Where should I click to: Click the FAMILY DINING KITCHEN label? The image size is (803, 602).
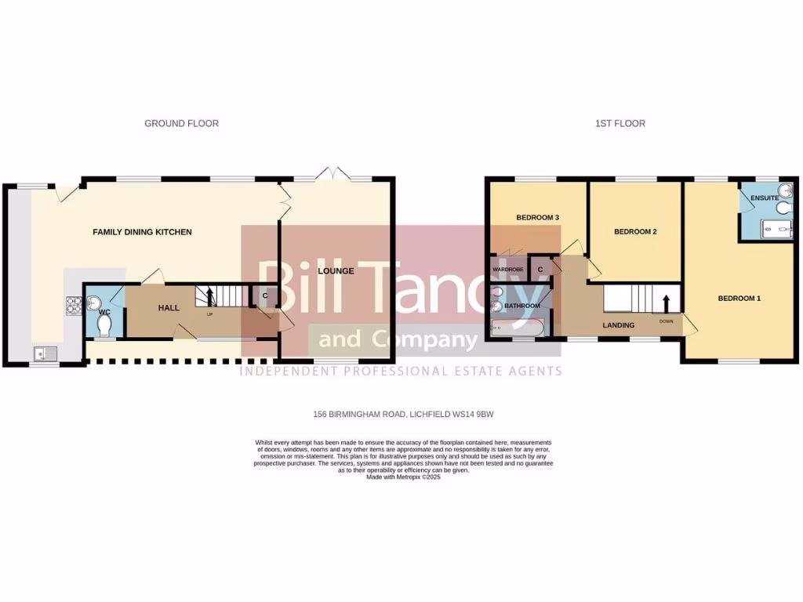(142, 232)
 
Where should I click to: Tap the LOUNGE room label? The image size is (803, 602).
(336, 271)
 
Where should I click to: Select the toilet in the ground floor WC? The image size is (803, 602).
(104, 325)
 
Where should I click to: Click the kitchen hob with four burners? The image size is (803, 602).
(74, 305)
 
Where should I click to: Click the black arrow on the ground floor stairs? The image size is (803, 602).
(210, 297)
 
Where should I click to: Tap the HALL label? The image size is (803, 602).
(169, 308)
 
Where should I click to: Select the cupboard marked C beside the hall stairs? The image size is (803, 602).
(264, 296)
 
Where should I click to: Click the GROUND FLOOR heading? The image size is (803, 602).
(181, 123)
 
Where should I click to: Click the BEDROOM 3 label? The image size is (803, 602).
(537, 217)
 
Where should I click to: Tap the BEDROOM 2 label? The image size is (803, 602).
(634, 231)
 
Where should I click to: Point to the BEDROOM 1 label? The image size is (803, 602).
(739, 298)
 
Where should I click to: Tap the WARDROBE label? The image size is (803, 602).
(507, 270)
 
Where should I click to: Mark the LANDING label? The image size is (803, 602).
(618, 325)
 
